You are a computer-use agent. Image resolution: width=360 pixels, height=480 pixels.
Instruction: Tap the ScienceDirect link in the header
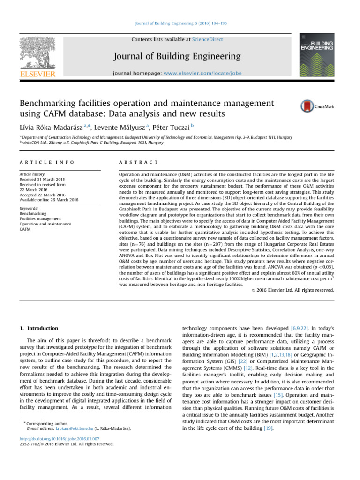coord(207,40)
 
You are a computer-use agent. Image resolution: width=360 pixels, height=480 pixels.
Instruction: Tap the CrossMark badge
coord(317,106)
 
